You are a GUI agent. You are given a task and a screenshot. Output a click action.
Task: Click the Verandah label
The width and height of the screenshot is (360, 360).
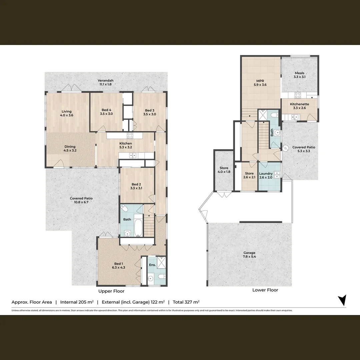105,80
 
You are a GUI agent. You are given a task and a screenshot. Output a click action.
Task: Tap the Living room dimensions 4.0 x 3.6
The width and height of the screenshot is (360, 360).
66,115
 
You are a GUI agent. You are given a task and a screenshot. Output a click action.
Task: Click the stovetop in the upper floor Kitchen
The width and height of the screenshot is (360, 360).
130,135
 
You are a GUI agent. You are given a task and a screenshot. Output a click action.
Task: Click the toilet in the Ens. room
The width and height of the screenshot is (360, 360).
161,276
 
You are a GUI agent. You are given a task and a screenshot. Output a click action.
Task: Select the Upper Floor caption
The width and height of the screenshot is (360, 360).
111,291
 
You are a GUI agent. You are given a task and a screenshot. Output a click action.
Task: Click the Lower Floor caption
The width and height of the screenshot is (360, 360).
265,290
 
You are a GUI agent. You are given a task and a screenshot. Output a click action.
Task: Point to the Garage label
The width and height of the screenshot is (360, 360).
249,253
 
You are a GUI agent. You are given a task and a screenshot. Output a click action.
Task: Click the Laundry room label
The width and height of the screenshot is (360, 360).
266,174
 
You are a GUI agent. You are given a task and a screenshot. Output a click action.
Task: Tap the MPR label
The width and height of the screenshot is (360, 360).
260,81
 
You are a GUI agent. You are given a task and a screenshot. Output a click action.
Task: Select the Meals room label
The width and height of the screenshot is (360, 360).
299,73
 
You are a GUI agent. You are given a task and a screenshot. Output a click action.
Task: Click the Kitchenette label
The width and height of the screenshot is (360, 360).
299,104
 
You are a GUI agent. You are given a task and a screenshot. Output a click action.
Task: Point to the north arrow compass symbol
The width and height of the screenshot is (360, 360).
342,300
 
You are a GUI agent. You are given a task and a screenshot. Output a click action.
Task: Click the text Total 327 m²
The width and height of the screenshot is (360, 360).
186,302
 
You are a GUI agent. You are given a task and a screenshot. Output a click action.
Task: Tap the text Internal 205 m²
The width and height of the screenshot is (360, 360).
77,302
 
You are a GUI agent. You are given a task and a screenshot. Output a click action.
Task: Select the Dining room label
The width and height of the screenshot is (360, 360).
70,147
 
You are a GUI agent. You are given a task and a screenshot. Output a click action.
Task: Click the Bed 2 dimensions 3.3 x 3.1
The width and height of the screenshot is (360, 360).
137,188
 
